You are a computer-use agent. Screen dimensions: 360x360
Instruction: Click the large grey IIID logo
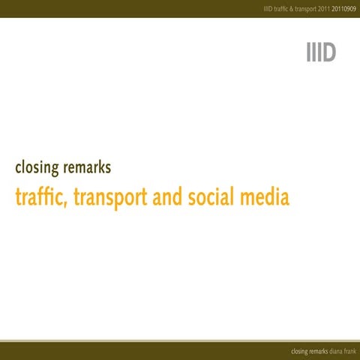tap(320, 53)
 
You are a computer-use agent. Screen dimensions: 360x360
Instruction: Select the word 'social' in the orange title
tap(212, 197)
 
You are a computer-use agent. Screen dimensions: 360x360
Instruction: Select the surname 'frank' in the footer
tap(350, 351)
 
